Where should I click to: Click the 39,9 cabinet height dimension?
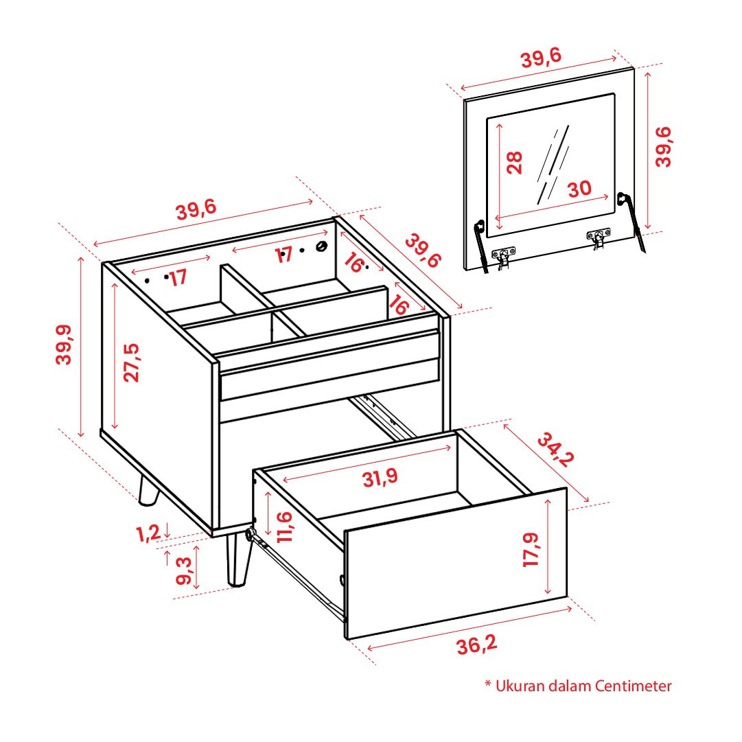[x=64, y=345]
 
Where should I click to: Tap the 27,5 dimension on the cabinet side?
[x=132, y=362]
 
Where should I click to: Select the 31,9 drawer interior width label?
[x=380, y=478]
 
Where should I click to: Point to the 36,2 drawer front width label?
[x=477, y=645]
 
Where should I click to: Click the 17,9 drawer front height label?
[x=531, y=549]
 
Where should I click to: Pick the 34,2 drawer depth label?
[x=556, y=449]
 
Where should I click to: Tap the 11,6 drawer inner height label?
[x=285, y=526]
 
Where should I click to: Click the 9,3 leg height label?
[x=183, y=570]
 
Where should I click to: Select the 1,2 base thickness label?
[x=148, y=533]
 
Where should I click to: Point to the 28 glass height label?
[x=514, y=163]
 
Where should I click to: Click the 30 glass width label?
[x=580, y=189]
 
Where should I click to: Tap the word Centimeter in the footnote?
[x=633, y=686]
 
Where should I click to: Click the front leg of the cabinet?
[x=239, y=560]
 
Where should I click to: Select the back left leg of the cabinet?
[x=148, y=491]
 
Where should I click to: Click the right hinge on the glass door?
[x=599, y=237]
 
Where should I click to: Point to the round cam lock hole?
[x=322, y=246]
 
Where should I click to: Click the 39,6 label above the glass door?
[x=541, y=58]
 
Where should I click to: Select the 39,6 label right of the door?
[x=663, y=147]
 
